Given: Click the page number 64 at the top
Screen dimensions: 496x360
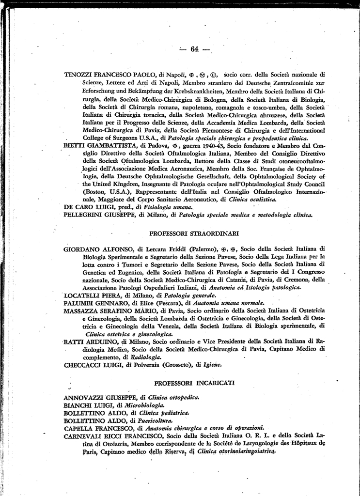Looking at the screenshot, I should (x=195, y=48).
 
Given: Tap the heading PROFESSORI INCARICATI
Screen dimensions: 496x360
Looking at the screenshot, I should (x=194, y=383).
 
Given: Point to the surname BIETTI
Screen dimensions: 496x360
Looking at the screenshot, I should (x=76, y=145).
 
